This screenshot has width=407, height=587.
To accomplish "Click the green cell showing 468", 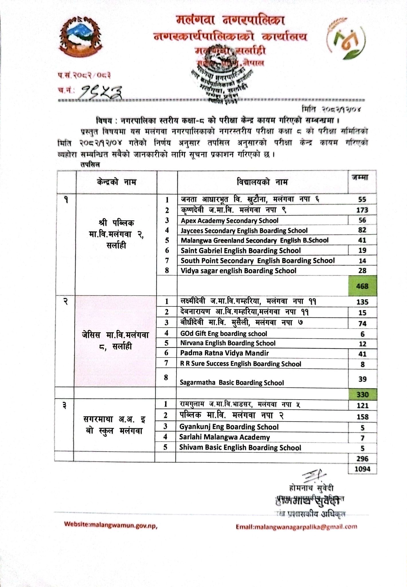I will click(362, 286).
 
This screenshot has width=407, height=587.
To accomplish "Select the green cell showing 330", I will click(362, 394).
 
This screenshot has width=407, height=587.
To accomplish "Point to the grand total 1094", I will click(362, 469).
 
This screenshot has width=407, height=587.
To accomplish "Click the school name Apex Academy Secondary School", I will click(229, 220).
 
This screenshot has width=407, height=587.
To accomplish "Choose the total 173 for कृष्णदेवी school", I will click(362, 210).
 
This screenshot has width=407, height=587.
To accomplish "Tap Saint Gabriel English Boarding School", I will click(241, 251).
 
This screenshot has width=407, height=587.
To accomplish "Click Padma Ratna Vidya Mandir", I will click(225, 353).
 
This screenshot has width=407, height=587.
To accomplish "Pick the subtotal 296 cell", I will click(362, 458).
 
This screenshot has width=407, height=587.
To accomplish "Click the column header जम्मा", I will click(362, 177).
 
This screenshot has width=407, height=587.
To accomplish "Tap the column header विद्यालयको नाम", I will click(262, 182).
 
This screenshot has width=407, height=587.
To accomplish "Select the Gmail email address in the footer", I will click(296, 527).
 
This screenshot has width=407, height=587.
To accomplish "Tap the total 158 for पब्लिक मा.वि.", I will click(362, 416).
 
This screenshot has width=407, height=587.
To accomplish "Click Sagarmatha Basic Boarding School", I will click(232, 383).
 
